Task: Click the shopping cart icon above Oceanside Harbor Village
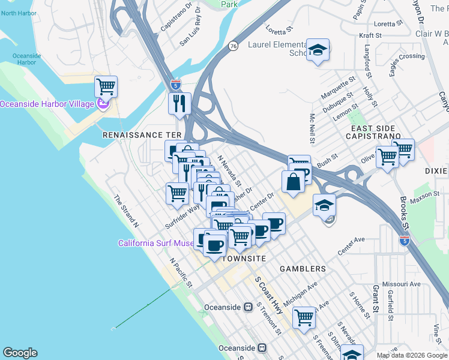[x=106, y=86]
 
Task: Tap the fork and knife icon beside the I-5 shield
[x=180, y=103]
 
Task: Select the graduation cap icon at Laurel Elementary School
[x=318, y=50]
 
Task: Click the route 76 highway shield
[x=233, y=46]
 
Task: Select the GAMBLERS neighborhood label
[x=303, y=269]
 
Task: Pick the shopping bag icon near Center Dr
[x=293, y=181]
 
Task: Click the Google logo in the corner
[x=20, y=353]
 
